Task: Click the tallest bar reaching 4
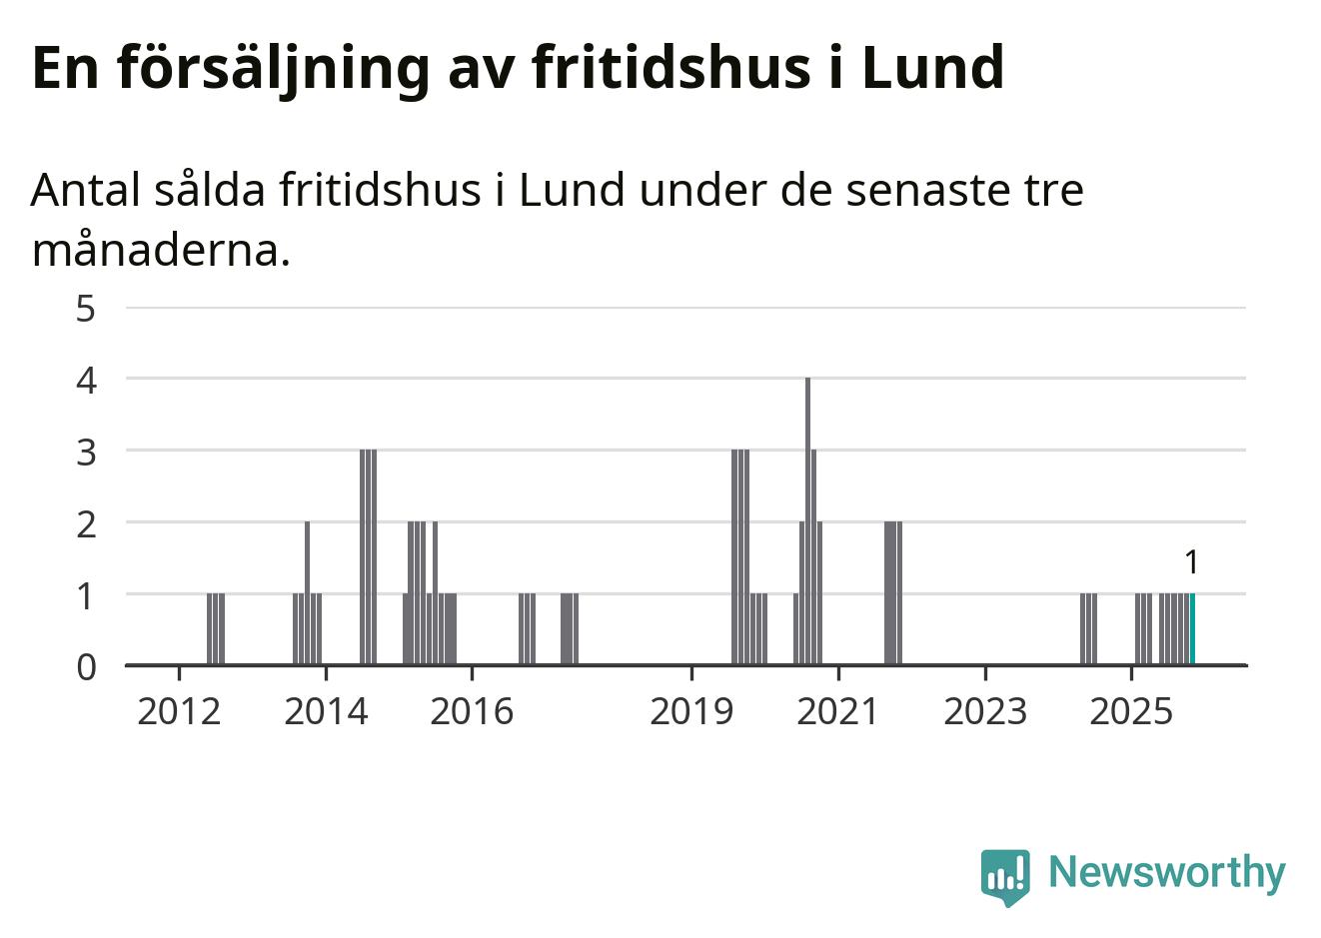pos(807,519)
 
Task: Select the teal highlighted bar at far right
pos(1192,628)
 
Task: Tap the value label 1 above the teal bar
pos(1190,563)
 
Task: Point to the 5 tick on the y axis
pos(87,308)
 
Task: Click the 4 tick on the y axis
pos(87,380)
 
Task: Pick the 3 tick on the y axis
pos(87,452)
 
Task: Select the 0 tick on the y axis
pos(87,666)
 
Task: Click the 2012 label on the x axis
pos(179,712)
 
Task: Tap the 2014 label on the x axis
pos(326,712)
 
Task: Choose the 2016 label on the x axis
pos(472,712)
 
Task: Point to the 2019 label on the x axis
pos(691,712)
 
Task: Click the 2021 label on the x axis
pos(837,712)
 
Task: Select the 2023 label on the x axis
pos(985,712)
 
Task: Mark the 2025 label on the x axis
pos(1131,712)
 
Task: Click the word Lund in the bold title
pos(932,68)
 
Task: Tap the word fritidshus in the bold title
pos(669,68)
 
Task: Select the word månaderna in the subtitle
pos(161,251)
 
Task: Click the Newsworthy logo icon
pos(1004,876)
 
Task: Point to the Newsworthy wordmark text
pos(1166,872)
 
